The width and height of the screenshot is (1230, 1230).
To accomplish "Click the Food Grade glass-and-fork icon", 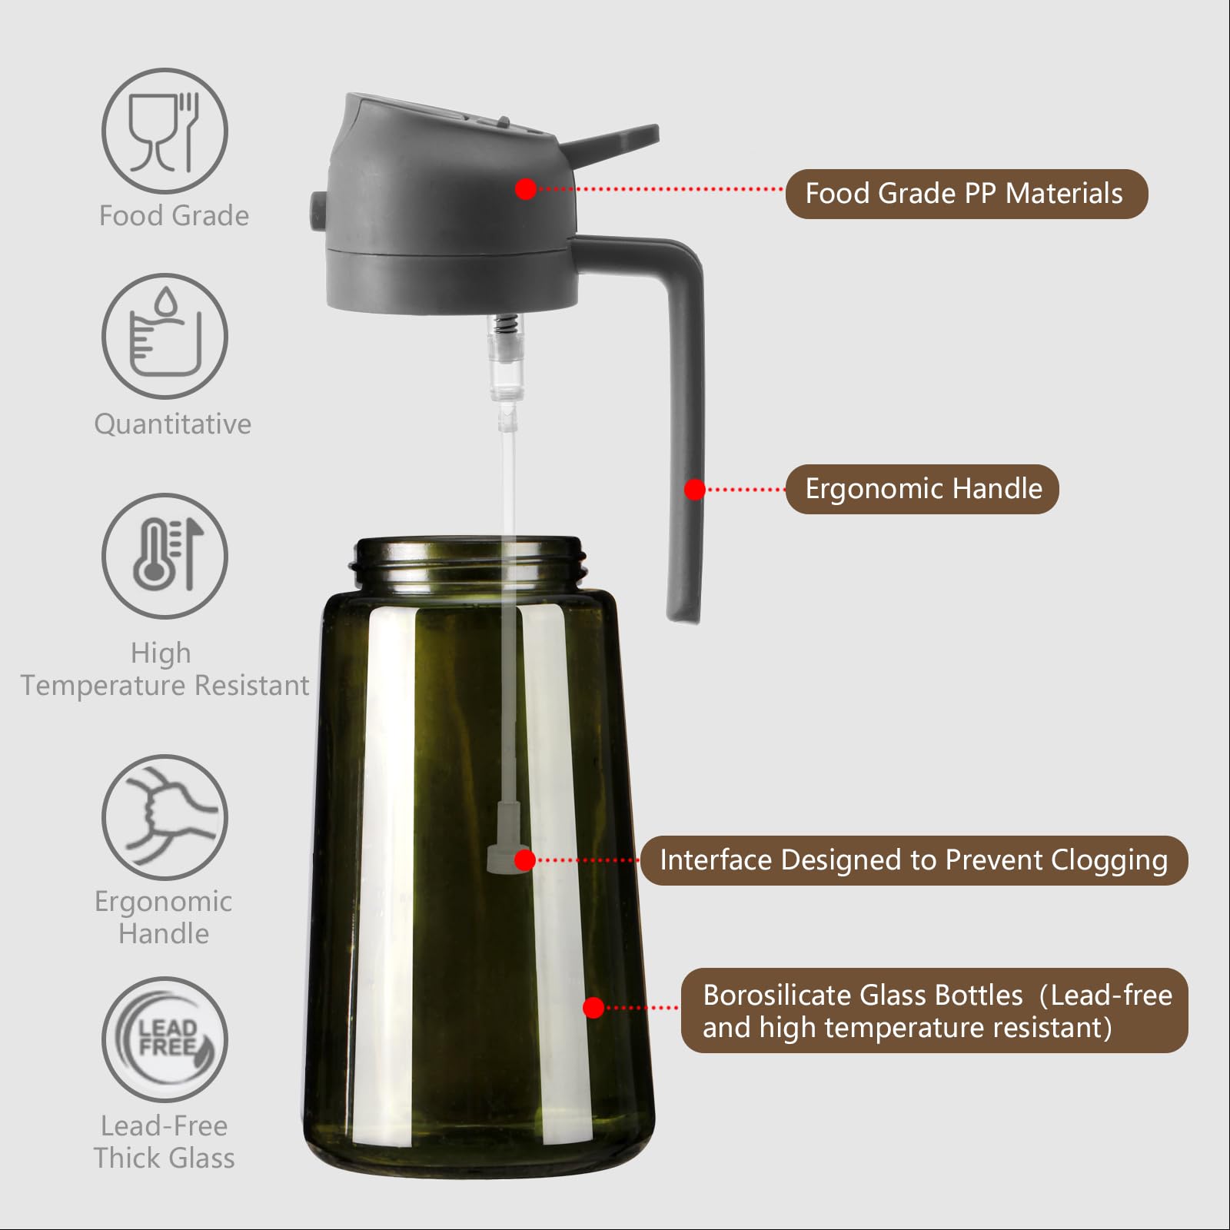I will pyautogui.click(x=165, y=131).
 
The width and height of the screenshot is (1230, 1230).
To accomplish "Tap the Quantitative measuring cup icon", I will pyautogui.click(x=165, y=336).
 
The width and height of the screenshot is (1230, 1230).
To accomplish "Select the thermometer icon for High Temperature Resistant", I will pyautogui.click(x=165, y=555).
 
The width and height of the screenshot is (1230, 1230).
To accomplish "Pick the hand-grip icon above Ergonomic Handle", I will pyautogui.click(x=165, y=816).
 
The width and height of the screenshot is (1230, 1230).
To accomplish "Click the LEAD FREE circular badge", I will pyautogui.click(x=165, y=1039).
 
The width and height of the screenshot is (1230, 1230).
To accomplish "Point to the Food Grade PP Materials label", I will pyautogui.click(x=966, y=194).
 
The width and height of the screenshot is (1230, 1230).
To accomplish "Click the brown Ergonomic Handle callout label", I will pyautogui.click(x=922, y=489).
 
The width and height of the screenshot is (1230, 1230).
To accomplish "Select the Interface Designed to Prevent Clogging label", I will pyautogui.click(x=913, y=860).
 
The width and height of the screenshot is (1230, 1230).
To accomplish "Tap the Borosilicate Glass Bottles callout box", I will pyautogui.click(x=934, y=1010).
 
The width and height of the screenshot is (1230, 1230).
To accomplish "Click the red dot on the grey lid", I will pyautogui.click(x=526, y=188).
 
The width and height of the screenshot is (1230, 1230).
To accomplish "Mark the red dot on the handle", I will pyautogui.click(x=695, y=490).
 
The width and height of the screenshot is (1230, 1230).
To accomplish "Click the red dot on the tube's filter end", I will pyautogui.click(x=525, y=860).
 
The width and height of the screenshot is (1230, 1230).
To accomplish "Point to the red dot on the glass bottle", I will pyautogui.click(x=593, y=1007).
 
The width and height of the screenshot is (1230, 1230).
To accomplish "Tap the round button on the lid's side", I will pyautogui.click(x=317, y=210).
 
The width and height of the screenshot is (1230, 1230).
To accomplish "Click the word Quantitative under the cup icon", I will pyautogui.click(x=173, y=424).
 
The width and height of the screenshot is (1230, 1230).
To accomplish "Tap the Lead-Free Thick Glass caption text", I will pyautogui.click(x=165, y=1142).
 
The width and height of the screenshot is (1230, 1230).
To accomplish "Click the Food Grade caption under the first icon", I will pyautogui.click(x=174, y=216).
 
